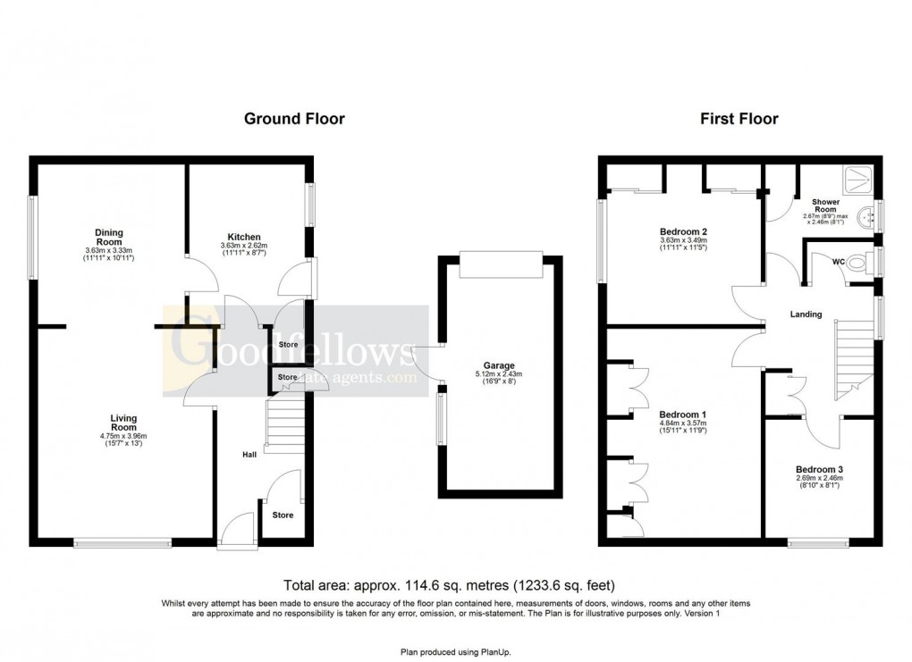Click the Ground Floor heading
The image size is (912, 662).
coord(294,119)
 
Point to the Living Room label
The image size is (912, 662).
coord(123,423)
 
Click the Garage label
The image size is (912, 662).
coord(499,365)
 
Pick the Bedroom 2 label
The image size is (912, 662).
coord(683,230)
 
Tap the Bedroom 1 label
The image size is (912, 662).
coord(682,415)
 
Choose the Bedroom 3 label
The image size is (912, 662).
coord(819,469)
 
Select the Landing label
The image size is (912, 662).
coord(806,314)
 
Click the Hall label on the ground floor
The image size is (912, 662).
coord(250,456)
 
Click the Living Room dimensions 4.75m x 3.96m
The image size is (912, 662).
coord(123,436)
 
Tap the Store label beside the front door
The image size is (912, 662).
coord(283,515)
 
